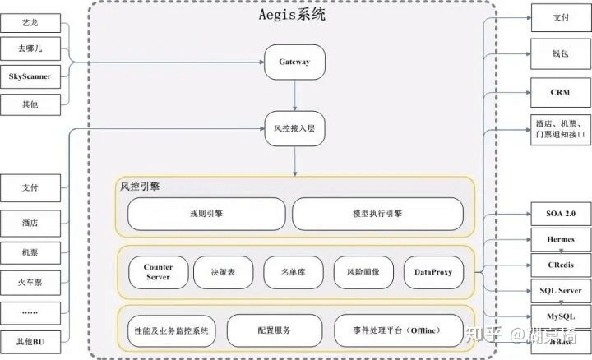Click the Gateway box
click(294, 62)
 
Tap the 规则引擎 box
click(206, 213)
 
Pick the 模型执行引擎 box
click(377, 213)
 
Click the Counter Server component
click(158, 272)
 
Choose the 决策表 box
click(224, 272)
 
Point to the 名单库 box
click(294, 272)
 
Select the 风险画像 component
click(363, 272)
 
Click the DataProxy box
click(433, 272)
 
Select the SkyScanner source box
click(30, 76)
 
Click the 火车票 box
click(30, 282)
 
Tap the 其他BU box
click(30, 340)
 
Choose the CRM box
click(560, 92)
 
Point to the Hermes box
click(560, 239)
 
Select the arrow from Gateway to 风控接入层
click(294, 95)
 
